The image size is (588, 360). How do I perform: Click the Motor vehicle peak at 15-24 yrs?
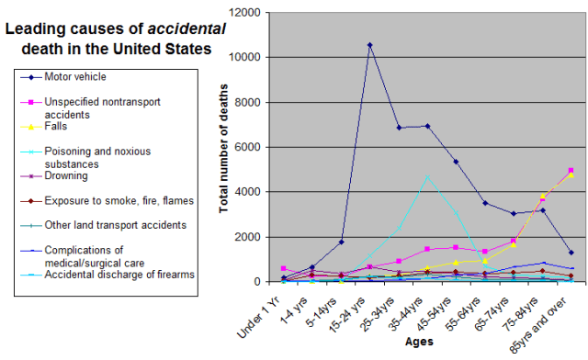click(370, 44)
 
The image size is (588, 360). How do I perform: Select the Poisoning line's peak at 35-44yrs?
click(426, 176)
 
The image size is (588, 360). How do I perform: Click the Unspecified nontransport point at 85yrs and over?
click(571, 170)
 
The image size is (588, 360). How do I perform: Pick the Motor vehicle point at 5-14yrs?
click(342, 242)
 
